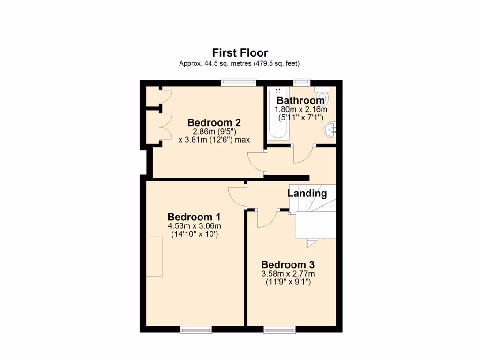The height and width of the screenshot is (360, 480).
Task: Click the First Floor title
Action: point(240,52)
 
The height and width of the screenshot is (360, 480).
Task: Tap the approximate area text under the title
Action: point(240,63)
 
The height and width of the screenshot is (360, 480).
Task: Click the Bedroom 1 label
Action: point(194,217)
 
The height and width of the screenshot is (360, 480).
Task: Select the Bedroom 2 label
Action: point(214,123)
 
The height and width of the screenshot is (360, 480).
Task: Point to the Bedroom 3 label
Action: point(288,264)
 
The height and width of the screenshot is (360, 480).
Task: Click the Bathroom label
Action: point(300,100)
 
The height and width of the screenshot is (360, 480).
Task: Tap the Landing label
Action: point(307,193)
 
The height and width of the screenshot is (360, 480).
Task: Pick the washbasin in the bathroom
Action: point(332,128)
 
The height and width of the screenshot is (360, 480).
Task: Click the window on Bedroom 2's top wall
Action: point(239,82)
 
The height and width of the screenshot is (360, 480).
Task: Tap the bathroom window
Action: point(302,82)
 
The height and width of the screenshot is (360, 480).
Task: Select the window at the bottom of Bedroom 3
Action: point(279,330)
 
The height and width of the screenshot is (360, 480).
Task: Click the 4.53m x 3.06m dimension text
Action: point(194,226)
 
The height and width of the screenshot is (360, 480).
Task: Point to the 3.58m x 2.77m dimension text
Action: point(288,273)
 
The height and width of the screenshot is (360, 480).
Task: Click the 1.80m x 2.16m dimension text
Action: point(300,109)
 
